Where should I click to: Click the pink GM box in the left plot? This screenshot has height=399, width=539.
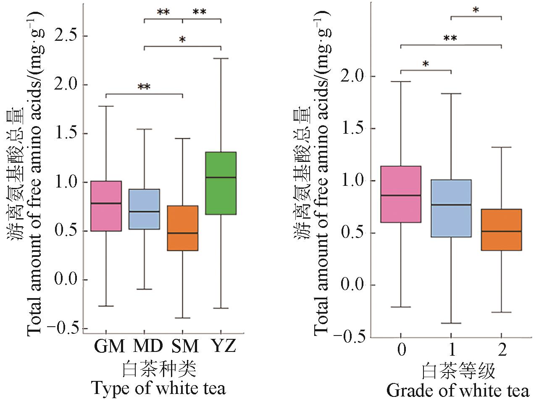(x=106, y=206)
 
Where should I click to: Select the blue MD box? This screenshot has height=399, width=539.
(x=144, y=209)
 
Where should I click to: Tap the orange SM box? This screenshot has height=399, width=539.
(x=182, y=228)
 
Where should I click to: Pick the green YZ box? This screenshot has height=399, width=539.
(x=221, y=183)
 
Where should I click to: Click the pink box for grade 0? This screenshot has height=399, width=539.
(x=400, y=194)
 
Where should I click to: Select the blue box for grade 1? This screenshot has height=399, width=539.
(x=451, y=208)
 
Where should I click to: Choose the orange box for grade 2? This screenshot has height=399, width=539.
(x=501, y=230)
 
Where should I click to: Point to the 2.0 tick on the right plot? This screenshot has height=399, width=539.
(x=355, y=77)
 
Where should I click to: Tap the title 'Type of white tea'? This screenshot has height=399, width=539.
(x=158, y=388)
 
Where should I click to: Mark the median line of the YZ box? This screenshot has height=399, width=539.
(x=221, y=177)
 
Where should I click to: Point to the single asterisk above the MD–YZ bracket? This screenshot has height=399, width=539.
(x=182, y=40)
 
